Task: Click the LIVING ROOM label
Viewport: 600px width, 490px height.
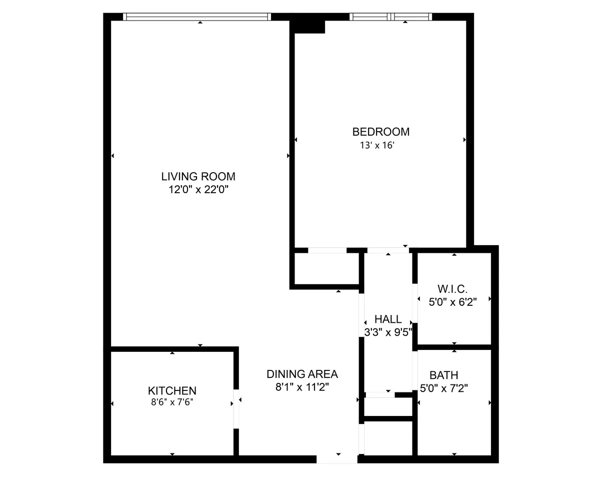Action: [198, 176]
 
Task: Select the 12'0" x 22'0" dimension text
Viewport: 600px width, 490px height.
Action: [198, 190]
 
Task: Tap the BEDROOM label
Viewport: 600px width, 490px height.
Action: [380, 132]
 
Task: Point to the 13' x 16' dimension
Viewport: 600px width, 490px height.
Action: [377, 146]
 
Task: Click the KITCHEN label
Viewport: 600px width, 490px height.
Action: [172, 390]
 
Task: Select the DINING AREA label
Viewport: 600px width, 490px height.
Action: [302, 374]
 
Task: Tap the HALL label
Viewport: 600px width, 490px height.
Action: [388, 319]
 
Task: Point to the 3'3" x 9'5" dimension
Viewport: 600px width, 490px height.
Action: [388, 331]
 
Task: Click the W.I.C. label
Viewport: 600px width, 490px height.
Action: [452, 289]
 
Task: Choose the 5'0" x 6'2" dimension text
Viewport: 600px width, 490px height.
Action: [453, 302]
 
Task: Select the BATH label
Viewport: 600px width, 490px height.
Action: [444, 375]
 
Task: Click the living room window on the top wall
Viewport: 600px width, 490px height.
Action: [197, 17]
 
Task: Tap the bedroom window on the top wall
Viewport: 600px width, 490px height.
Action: [390, 17]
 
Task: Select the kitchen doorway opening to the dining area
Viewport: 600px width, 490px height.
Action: [236, 408]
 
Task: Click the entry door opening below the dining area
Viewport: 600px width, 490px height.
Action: [337, 459]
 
